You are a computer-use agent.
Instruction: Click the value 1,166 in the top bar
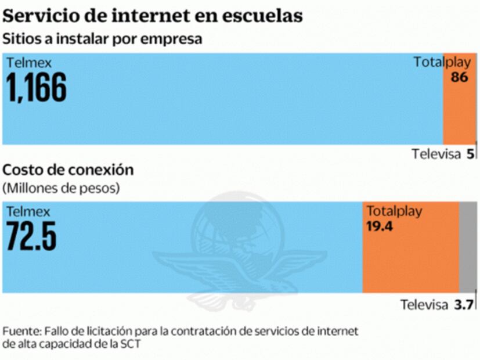pyautogui.click(x=36, y=87)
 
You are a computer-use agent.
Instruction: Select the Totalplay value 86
pyautogui.click(x=459, y=77)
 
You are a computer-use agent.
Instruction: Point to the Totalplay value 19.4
pyautogui.click(x=380, y=226)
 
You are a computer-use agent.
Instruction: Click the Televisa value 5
pyautogui.click(x=470, y=154)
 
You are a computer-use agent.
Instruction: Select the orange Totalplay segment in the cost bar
pyautogui.click(x=410, y=261)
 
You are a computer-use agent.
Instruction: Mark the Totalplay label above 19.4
pyautogui.click(x=394, y=211)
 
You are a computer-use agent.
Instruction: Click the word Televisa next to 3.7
pyautogui.click(x=424, y=305)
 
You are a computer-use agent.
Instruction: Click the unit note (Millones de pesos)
pyautogui.click(x=62, y=188)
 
